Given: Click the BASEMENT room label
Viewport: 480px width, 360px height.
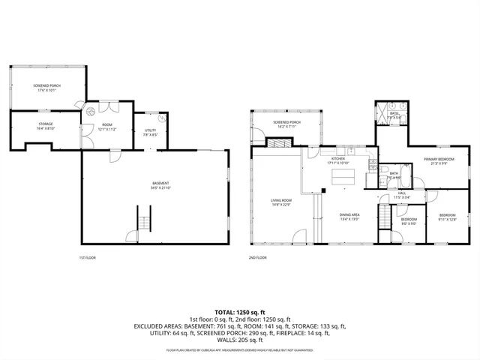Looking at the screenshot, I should point(160,183).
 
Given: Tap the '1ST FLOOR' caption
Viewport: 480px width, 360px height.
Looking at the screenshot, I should point(87,257).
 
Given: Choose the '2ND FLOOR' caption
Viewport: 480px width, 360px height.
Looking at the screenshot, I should point(257,257).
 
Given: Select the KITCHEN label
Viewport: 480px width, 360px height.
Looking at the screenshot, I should point(338,159).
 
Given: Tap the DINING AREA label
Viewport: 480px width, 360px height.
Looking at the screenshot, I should point(349,215).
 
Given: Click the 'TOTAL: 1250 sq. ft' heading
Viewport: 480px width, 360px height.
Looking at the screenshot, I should point(240,311).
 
